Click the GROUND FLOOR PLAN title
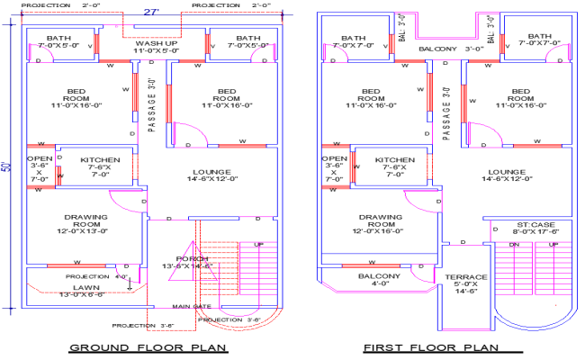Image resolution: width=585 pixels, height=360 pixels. pos(148,346)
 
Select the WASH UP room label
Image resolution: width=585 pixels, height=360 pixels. pos(156,42)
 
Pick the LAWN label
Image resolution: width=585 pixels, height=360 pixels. pos(86,286)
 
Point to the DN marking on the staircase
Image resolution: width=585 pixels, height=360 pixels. pos(516,244)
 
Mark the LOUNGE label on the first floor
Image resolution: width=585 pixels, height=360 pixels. pos(507,171)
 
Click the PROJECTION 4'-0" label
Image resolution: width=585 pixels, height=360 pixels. pos(87,276)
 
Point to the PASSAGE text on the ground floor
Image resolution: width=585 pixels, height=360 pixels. pos(152,107)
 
